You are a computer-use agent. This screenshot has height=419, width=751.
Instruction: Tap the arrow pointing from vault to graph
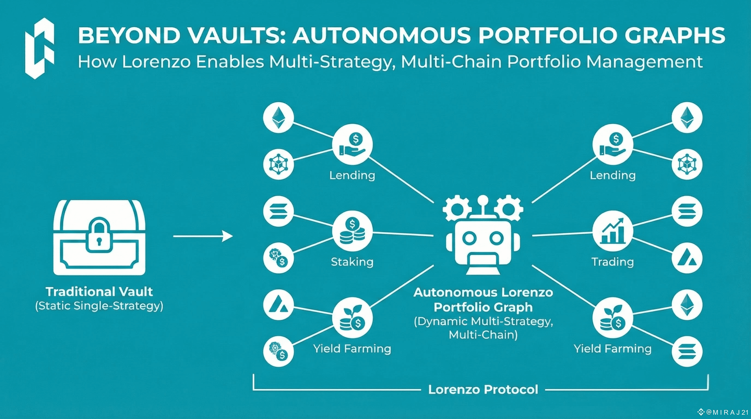[203, 236]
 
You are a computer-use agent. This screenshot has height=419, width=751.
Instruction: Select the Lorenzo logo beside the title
[40, 48]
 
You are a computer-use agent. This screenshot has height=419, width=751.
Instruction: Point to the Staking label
[352, 262]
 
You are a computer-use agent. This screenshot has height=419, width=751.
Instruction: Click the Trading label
[613, 262]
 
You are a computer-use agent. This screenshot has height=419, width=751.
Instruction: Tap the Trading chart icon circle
[613, 232]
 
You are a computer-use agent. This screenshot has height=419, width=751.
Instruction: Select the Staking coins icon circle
[352, 232]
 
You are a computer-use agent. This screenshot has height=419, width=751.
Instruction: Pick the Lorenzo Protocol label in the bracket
[483, 390]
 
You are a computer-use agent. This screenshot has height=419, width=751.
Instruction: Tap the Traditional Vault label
[99, 292]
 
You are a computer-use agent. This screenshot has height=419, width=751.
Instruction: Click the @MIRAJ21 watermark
[726, 412]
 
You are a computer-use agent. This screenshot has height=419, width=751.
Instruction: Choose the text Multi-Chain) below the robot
[483, 334]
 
